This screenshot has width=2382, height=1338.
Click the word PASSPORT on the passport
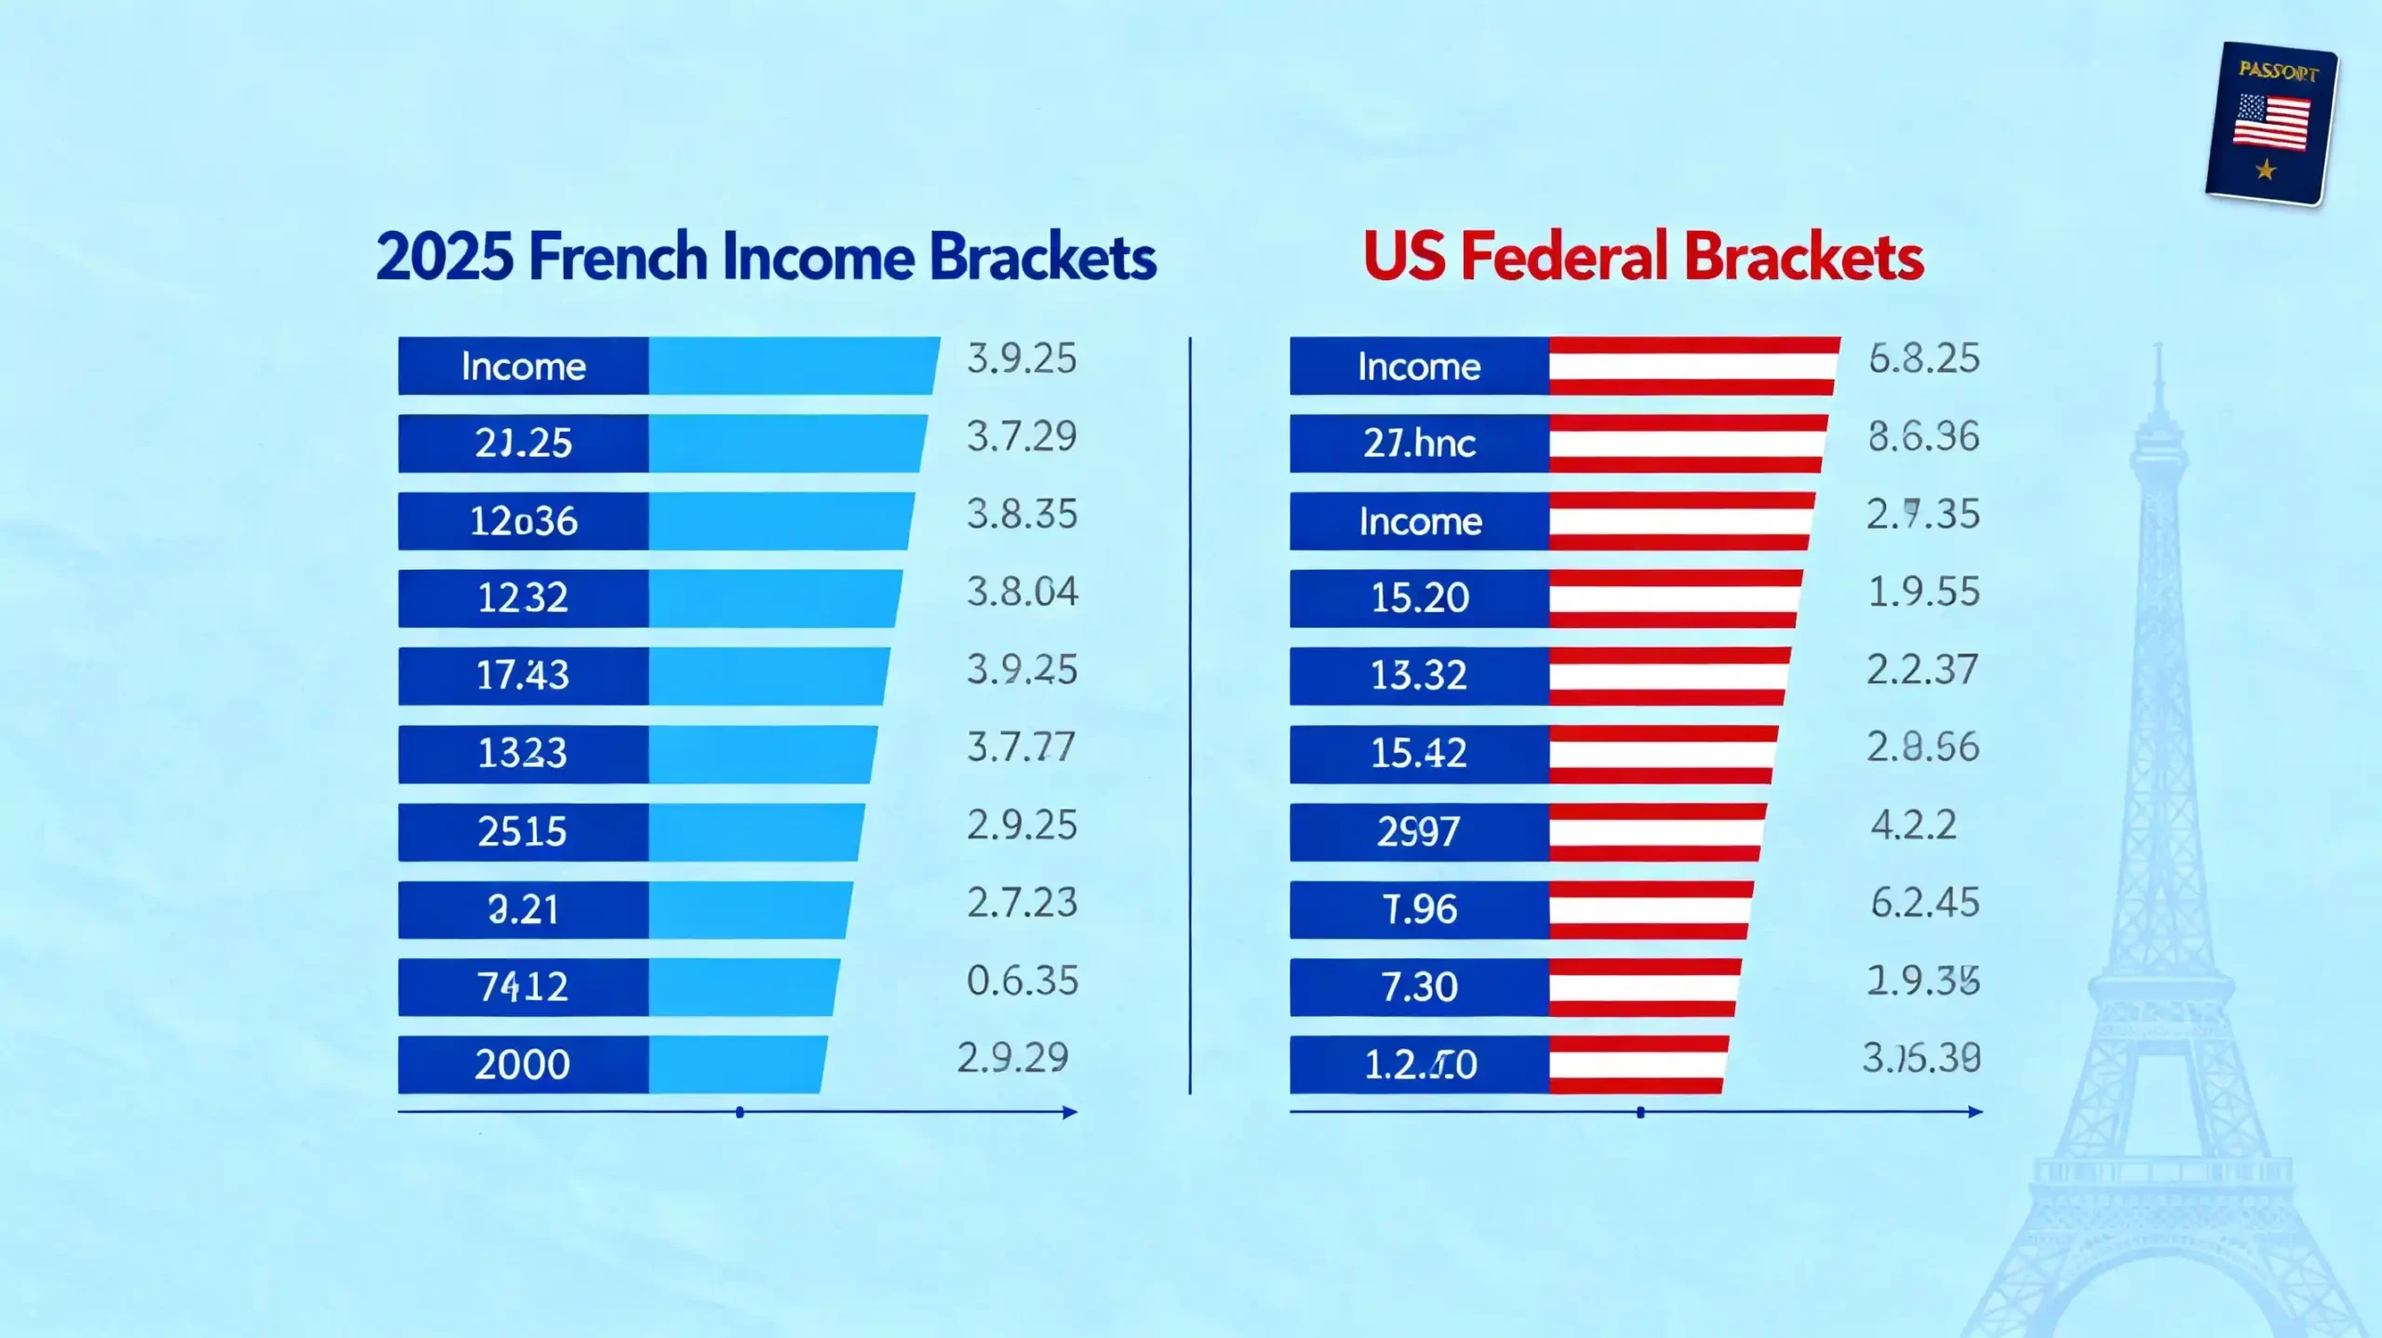point(2278,71)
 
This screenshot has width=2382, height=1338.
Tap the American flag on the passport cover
point(2271,122)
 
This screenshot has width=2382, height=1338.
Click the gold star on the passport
point(2266,169)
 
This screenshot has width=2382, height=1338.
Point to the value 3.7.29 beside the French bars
point(1022,436)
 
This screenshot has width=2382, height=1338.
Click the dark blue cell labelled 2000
point(522,1064)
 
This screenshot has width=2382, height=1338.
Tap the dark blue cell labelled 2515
point(522,831)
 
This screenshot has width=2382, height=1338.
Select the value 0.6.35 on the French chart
point(1022,981)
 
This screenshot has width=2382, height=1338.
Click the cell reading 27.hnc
point(1419,444)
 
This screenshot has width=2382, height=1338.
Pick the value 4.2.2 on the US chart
point(1913,825)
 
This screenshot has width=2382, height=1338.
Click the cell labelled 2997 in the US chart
point(1419,831)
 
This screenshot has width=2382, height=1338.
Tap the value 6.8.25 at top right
point(1923,359)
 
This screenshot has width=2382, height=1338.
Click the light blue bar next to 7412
point(743,987)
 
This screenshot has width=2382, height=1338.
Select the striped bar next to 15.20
point(1673,598)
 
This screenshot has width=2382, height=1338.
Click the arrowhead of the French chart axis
point(1070,1112)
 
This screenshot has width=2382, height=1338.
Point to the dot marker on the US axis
point(1640,1113)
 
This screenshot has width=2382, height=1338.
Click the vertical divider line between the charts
point(1190,716)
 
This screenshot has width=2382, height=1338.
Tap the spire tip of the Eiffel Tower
point(2159,348)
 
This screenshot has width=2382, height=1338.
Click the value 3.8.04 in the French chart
point(1022,592)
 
